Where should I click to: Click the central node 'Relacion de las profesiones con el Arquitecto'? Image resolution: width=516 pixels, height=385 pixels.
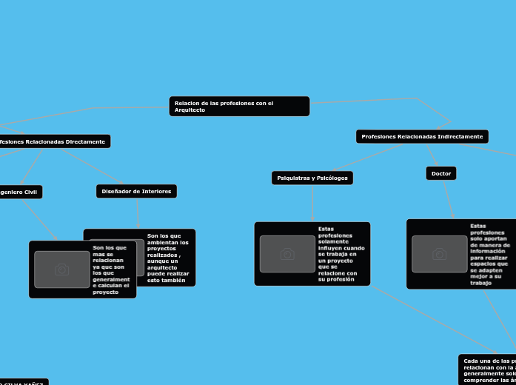(239, 106)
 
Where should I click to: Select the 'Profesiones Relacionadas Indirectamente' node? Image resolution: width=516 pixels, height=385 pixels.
(422, 136)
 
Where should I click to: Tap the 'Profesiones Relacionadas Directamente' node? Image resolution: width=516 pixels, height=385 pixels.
(53, 141)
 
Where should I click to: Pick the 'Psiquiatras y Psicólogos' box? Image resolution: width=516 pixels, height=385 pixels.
(312, 178)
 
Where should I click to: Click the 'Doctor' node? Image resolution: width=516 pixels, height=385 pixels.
(441, 173)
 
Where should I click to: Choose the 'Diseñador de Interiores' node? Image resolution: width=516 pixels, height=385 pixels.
(136, 191)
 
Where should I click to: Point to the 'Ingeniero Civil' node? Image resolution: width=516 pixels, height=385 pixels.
(19, 192)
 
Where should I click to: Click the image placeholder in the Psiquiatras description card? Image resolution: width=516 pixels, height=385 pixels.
(287, 254)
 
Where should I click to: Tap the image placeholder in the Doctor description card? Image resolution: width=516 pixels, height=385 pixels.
(439, 254)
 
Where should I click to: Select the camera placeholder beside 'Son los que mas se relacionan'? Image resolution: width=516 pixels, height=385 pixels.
(62, 269)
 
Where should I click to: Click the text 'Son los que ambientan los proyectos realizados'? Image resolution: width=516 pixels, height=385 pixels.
(168, 258)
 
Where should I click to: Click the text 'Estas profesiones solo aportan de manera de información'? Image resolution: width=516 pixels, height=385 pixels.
(490, 254)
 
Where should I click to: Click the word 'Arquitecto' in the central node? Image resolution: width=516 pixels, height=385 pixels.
(190, 110)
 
